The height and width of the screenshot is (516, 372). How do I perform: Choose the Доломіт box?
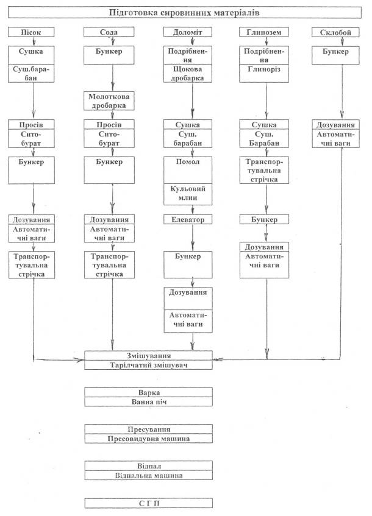point(193,32)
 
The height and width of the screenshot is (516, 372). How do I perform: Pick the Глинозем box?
point(266,32)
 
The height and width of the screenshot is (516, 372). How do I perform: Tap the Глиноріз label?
point(266,70)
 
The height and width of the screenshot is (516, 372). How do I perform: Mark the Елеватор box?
point(193,219)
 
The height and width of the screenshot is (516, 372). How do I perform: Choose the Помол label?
point(193,161)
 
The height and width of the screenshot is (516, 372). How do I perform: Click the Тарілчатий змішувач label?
point(148,364)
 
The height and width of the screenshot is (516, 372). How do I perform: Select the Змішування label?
point(148,355)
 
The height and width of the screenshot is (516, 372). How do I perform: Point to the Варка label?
point(148,392)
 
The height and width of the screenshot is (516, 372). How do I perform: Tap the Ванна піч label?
point(148,401)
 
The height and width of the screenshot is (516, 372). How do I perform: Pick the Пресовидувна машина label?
point(148,438)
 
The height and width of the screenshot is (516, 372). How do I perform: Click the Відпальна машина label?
point(148,475)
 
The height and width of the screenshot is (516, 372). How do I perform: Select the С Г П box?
point(148,503)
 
